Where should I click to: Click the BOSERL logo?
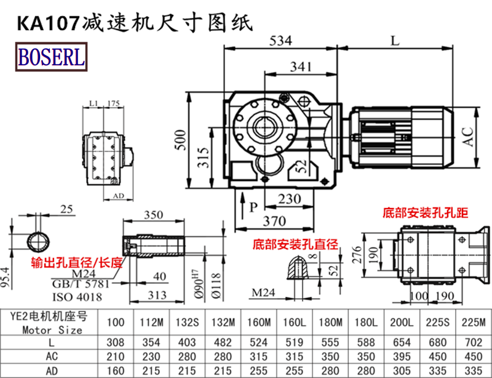pyautogui.click(x=52, y=57)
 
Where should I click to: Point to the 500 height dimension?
pyautogui.click(x=178, y=140)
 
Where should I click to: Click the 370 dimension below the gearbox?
pyautogui.click(x=274, y=220)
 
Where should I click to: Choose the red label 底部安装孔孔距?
pyautogui.click(x=424, y=214)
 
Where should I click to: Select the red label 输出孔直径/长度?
pyautogui.click(x=77, y=263)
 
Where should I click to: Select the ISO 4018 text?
pyautogui.click(x=77, y=297)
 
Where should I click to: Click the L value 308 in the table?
pyautogui.click(x=116, y=340)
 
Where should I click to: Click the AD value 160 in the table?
pyautogui.click(x=116, y=370)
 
